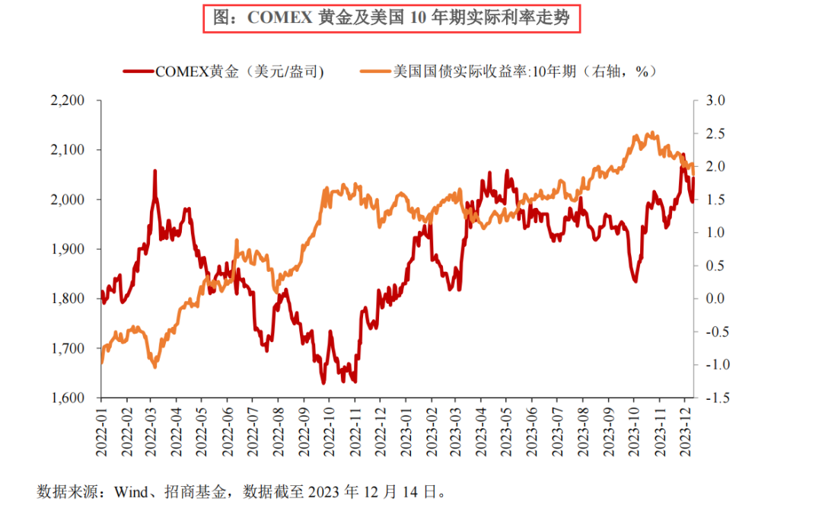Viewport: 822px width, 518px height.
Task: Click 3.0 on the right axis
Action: coord(718,101)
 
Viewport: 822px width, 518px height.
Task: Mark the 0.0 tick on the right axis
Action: coord(718,299)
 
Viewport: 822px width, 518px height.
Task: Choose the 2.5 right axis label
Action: coord(718,133)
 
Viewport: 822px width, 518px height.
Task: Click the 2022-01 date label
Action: coord(101,430)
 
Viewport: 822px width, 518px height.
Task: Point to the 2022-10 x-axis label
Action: coord(330,430)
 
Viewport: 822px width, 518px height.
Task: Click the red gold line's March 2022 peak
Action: coord(155,171)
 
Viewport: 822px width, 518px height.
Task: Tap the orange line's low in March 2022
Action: coord(155,367)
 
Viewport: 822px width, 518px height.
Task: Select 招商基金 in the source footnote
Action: coord(196,493)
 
